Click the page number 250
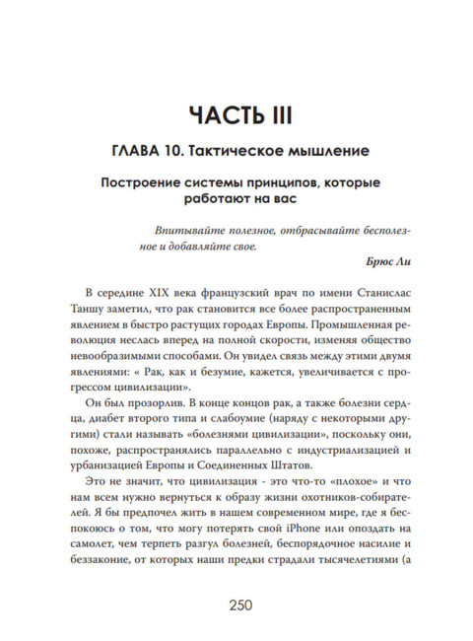tap(236, 605)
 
